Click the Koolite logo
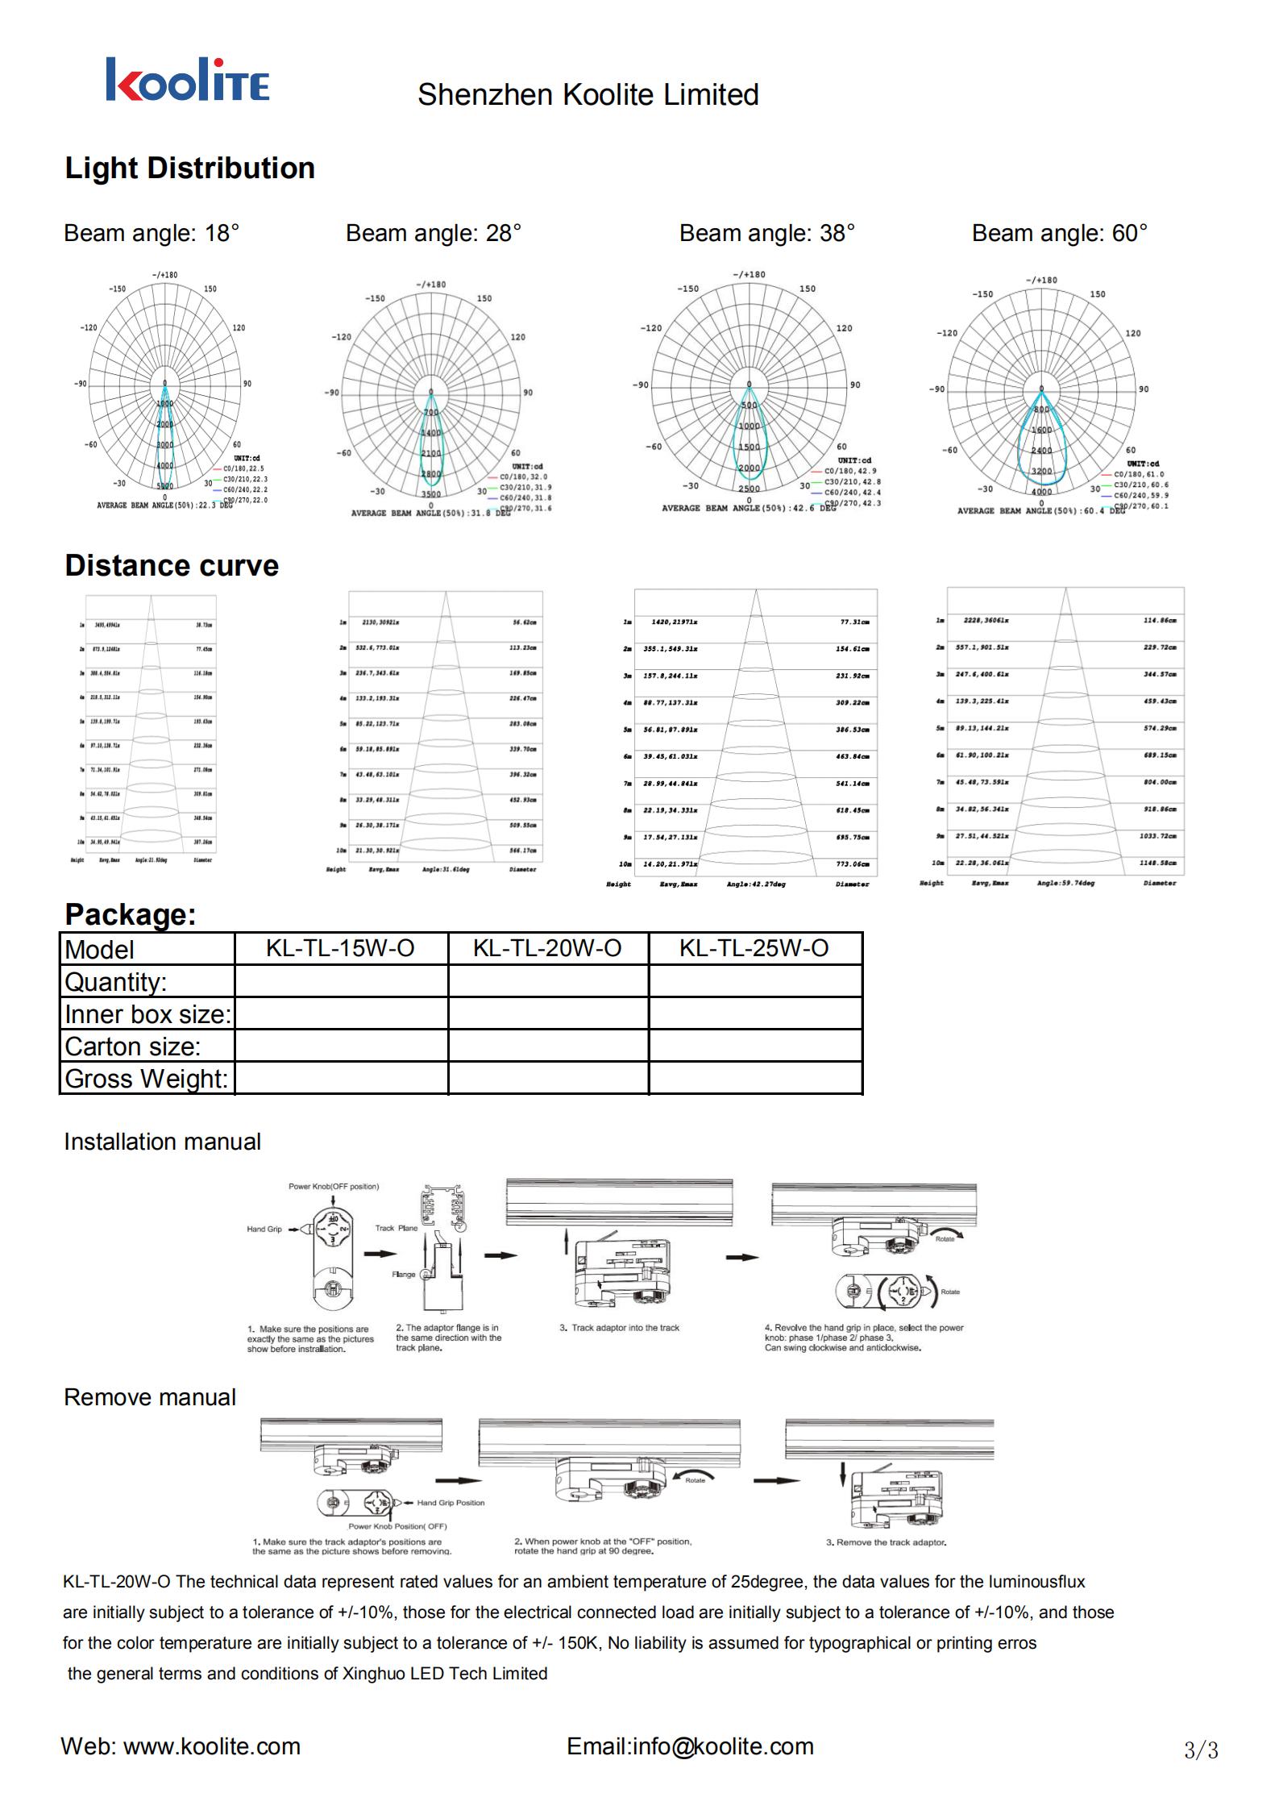coord(187,80)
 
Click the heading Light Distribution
coord(189,169)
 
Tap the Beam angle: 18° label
coord(152,233)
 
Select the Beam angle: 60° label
coord(1059,233)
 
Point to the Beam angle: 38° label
coord(766,233)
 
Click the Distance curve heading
coord(172,565)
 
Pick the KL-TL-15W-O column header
coord(340,947)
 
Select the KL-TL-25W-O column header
coord(754,947)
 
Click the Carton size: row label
coord(133,1046)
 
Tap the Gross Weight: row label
coord(146,1079)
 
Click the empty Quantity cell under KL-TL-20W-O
coord(548,981)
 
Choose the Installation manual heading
coord(162,1142)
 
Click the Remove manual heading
coord(150,1397)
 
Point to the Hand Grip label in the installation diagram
coord(264,1230)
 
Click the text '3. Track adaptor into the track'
coord(619,1328)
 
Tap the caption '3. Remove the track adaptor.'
coord(886,1542)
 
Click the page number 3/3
coord(1201,1750)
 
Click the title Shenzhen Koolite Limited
coord(588,95)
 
